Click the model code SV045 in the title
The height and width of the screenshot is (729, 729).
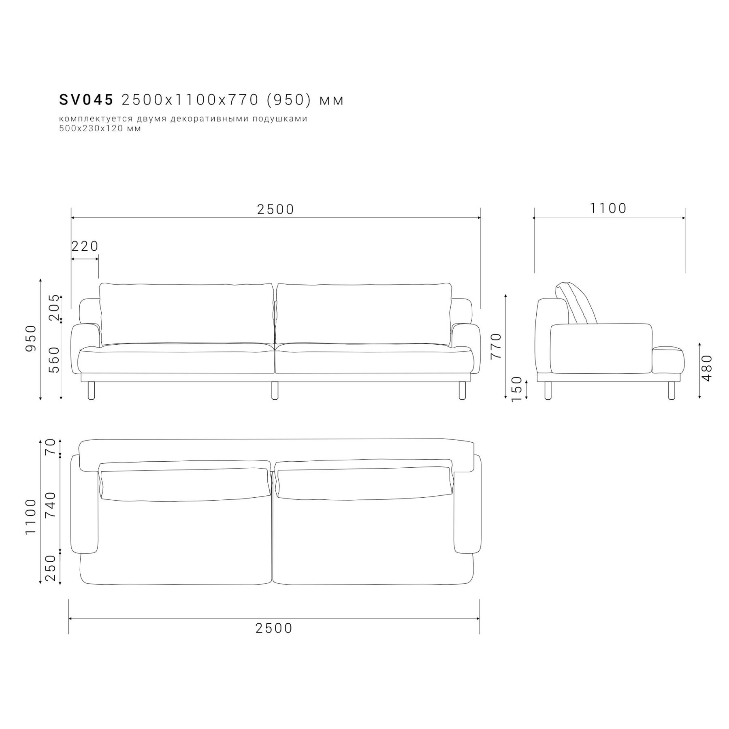(x=86, y=100)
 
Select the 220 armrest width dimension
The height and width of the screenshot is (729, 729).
(x=85, y=246)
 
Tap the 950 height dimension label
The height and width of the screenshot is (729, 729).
(x=31, y=338)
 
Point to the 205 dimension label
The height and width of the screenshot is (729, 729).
(x=54, y=307)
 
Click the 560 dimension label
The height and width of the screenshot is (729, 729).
(x=54, y=360)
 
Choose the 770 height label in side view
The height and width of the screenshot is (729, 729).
(x=496, y=346)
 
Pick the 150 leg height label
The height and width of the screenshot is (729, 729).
(x=517, y=389)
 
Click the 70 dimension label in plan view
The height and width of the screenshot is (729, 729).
(x=51, y=448)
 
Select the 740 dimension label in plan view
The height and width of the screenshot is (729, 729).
(x=51, y=505)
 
